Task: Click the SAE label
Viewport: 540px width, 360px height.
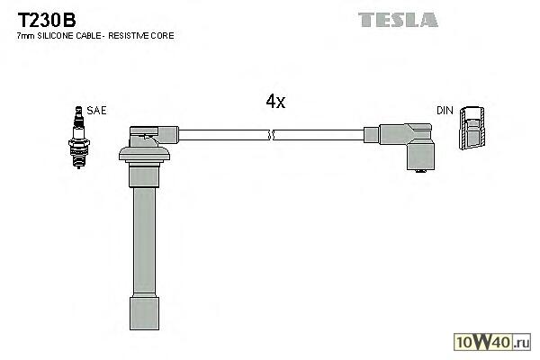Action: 98,110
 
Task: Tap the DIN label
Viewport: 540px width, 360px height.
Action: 445,110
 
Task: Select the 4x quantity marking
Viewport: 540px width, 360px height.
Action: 275,102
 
